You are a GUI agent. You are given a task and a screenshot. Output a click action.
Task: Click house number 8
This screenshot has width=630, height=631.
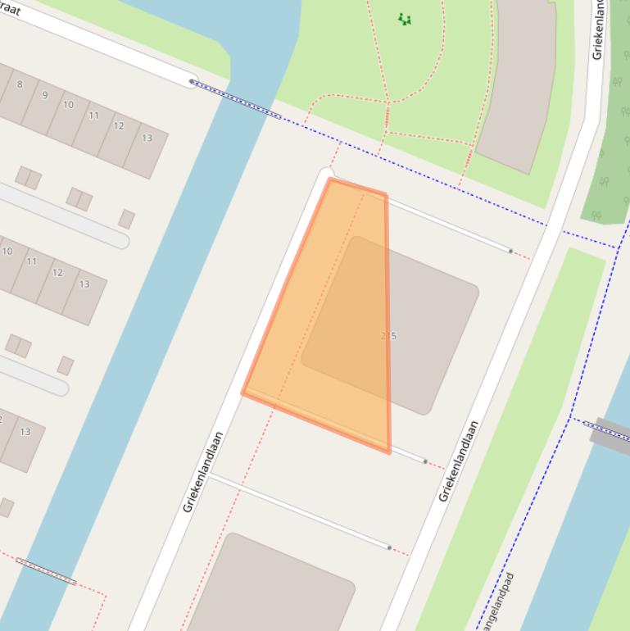[20, 84]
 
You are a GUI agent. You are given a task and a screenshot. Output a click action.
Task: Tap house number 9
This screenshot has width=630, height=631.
[44, 95]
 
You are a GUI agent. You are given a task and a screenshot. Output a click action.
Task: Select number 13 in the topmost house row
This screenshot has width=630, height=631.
[147, 138]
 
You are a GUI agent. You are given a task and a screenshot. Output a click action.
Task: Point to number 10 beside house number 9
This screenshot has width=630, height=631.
[68, 105]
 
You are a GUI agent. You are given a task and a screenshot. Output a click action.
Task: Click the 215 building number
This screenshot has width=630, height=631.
[389, 336]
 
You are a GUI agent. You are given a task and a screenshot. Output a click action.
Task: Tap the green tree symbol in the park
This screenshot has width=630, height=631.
[404, 19]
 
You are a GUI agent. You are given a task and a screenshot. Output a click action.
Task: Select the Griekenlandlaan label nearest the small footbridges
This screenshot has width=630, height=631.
[203, 472]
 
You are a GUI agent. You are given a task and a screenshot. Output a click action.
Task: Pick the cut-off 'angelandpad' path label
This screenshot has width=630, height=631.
[496, 603]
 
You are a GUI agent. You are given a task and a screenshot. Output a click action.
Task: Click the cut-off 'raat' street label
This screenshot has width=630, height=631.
[10, 10]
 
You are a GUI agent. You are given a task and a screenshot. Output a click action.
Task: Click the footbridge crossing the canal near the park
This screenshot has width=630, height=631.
[236, 99]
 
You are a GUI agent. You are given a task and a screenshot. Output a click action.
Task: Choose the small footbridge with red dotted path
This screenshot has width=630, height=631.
[46, 571]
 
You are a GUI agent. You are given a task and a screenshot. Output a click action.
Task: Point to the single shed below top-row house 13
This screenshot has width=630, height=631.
[126, 219]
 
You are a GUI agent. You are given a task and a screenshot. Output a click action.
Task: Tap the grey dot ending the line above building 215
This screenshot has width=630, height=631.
[510, 251]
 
